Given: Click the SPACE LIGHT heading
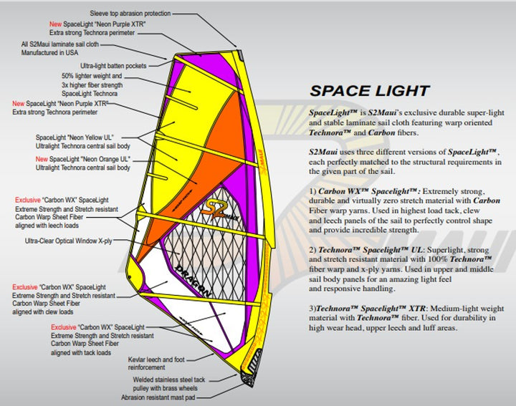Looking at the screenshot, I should pyautogui.click(x=369, y=91).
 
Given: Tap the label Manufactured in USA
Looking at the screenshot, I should pyautogui.click(x=51, y=52).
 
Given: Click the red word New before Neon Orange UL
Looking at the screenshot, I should pyautogui.click(x=42, y=158).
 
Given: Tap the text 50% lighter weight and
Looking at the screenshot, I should pyautogui.click(x=92, y=75).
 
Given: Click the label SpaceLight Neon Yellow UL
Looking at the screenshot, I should pyautogui.click(x=75, y=136).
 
